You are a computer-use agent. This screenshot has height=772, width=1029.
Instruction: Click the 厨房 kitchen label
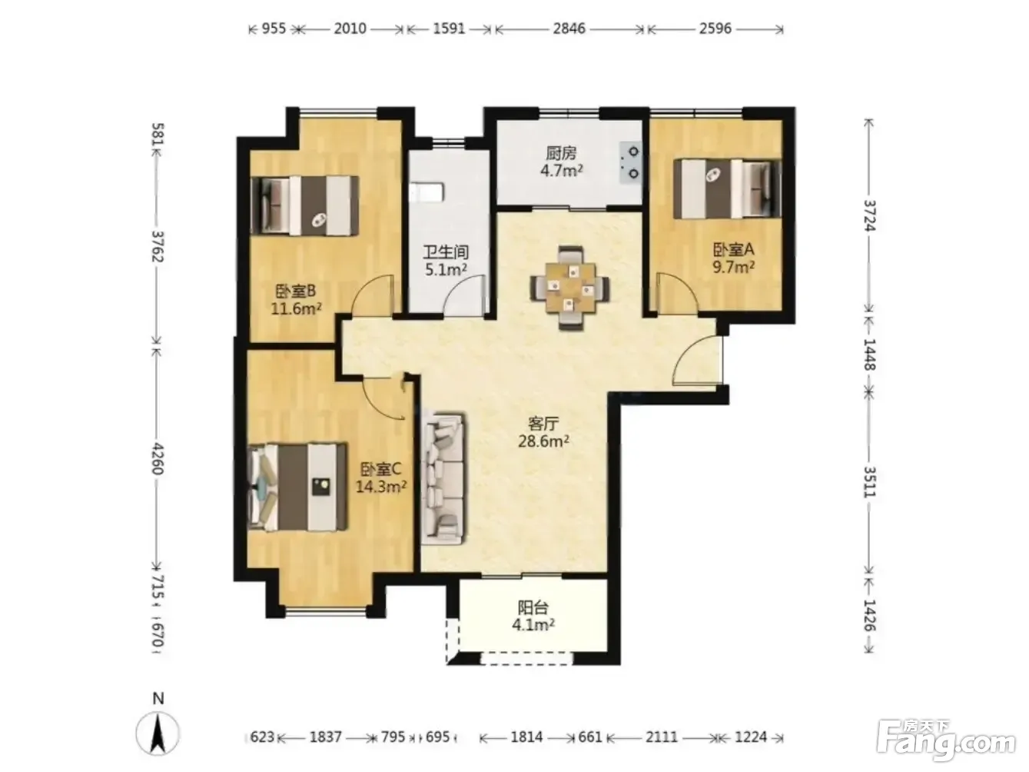pyautogui.click(x=561, y=153)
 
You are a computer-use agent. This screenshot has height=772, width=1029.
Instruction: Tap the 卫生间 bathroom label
pyautogui.click(x=446, y=252)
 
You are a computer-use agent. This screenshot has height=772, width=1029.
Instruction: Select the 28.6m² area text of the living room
pyautogui.click(x=543, y=442)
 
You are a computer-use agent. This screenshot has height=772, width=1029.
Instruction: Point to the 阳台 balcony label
pyautogui.click(x=533, y=608)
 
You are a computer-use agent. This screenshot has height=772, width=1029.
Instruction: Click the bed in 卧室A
pyautogui.click(x=727, y=188)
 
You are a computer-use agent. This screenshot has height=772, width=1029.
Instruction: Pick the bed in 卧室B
pyautogui.click(x=305, y=205)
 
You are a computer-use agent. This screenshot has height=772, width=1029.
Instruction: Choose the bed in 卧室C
pyautogui.click(x=297, y=487)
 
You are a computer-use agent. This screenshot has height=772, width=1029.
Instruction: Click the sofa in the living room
pyautogui.click(x=443, y=478)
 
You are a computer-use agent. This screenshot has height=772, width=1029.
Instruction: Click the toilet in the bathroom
pyautogui.click(x=427, y=193)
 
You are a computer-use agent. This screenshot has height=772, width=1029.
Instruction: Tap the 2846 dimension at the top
pyautogui.click(x=569, y=29)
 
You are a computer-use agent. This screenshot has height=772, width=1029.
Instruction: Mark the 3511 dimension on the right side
pyautogui.click(x=870, y=481)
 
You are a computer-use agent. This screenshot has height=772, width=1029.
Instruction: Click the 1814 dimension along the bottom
pyautogui.click(x=526, y=737)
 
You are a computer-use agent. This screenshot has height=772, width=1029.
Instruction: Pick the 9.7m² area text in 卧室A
pyautogui.click(x=734, y=268)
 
